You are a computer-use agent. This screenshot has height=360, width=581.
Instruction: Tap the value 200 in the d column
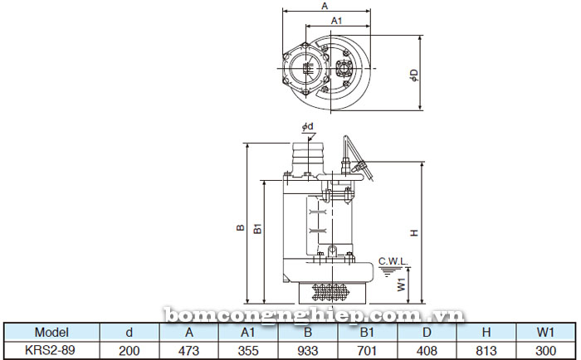129,350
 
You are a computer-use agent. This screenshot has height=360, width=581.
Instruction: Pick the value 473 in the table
188,350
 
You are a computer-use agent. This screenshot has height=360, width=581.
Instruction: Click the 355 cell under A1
248,350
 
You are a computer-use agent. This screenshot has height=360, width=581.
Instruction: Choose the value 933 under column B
308,350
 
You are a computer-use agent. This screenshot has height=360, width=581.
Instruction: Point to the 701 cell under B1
368,350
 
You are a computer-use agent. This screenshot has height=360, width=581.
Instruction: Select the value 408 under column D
427,350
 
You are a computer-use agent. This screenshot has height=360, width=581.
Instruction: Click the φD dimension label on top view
413,75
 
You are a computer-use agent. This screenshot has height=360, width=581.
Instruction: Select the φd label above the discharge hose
307,126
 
